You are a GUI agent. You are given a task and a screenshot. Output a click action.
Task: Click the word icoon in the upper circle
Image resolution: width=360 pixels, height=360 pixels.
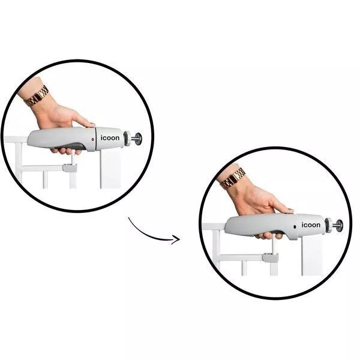[x=110, y=138]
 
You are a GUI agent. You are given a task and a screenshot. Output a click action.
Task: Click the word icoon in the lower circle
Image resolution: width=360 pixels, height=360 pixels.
[x=311, y=225]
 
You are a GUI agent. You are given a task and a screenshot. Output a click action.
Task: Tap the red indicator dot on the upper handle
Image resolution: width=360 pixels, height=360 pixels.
[x=93, y=139]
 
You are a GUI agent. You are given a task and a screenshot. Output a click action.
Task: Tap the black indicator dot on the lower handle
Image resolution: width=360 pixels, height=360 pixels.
[x=295, y=227]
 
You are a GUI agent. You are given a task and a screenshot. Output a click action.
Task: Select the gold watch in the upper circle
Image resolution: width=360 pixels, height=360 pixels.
[x=37, y=96]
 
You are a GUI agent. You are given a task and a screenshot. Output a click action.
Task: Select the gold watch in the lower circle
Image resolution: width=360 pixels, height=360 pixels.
[x=232, y=178]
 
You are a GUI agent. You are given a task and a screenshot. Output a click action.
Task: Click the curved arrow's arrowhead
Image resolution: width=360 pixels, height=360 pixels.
[x=176, y=239]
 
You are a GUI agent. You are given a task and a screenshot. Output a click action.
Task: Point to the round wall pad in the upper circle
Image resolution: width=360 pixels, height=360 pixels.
[x=139, y=139]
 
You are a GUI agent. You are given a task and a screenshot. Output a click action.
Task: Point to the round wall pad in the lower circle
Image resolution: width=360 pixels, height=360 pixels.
[x=340, y=226]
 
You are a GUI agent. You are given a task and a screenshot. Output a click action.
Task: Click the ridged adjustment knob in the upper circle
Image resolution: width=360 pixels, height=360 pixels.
[x=127, y=138]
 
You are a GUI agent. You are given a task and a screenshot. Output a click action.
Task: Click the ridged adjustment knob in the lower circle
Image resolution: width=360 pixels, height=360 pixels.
[x=328, y=225]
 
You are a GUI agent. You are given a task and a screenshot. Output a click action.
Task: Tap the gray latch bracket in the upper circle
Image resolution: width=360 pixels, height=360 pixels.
[x=70, y=168]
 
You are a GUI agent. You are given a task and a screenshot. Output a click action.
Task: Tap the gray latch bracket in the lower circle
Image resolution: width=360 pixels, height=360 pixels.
[x=271, y=257]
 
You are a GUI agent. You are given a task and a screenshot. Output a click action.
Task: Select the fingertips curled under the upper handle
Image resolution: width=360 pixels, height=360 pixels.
[x=66, y=151]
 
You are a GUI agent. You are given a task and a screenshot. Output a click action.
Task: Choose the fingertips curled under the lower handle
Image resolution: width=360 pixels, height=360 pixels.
[x=269, y=236]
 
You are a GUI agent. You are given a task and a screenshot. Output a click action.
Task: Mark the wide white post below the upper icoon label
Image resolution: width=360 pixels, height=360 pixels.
[x=110, y=169]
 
